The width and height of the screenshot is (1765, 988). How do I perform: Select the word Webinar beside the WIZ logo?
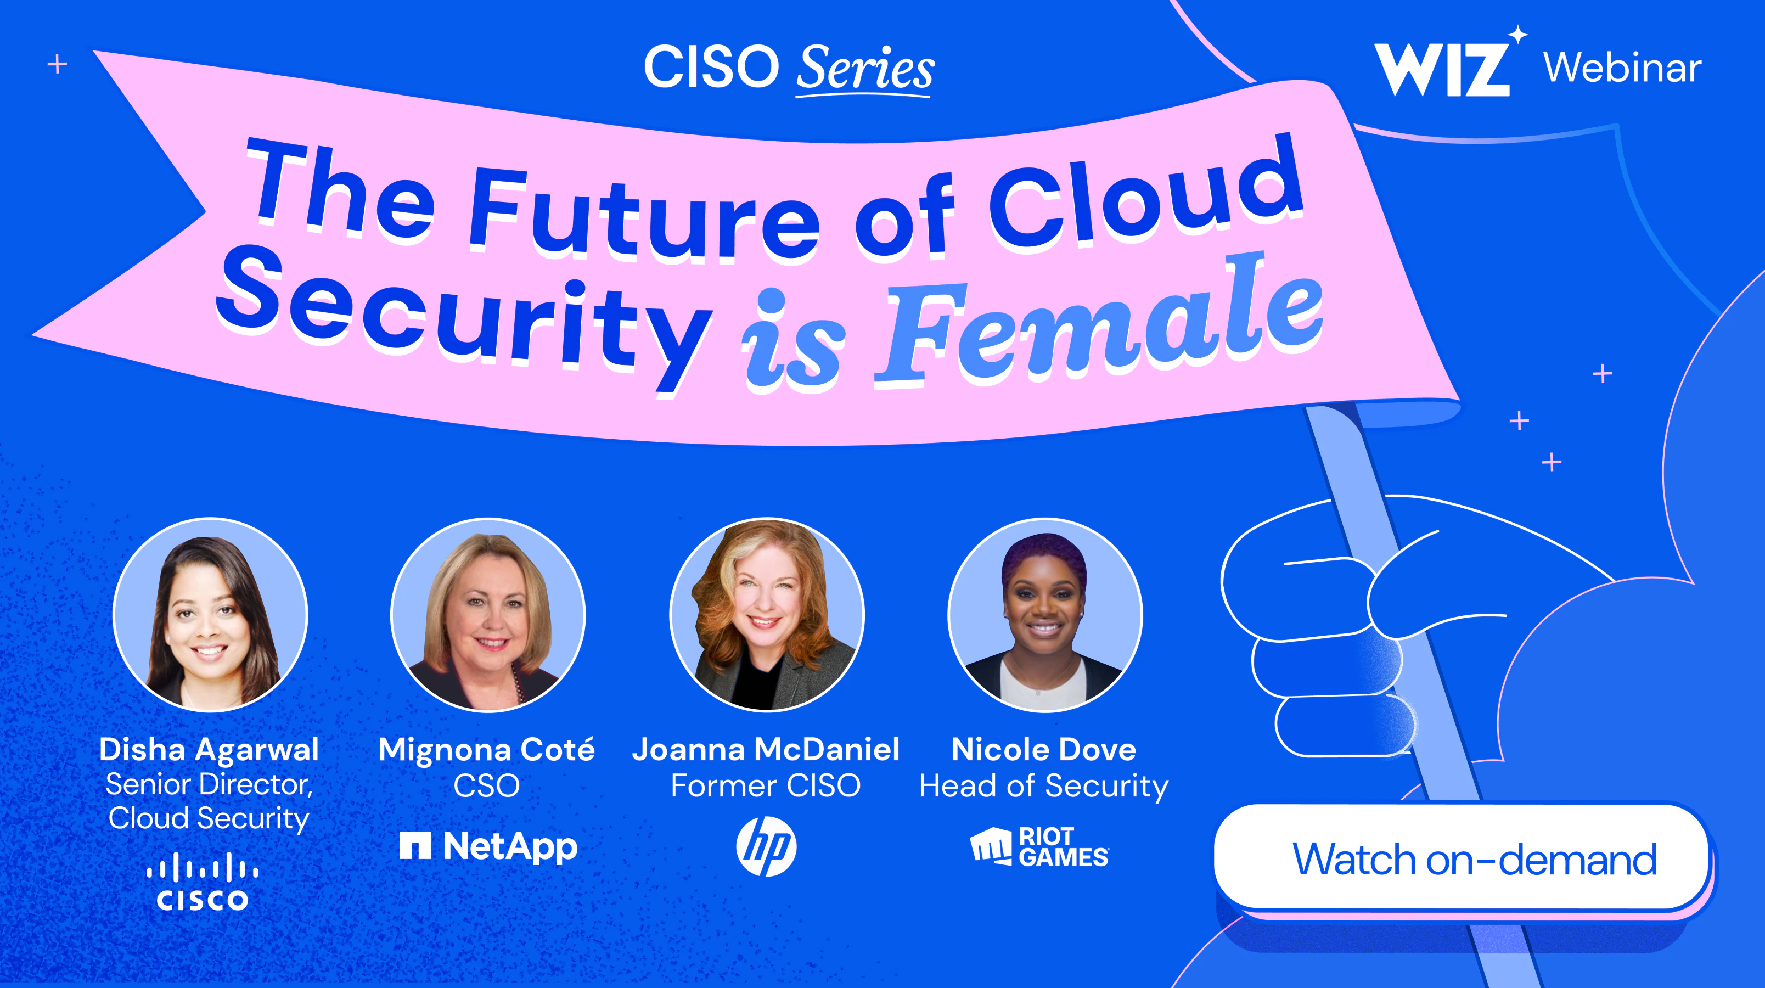1622,68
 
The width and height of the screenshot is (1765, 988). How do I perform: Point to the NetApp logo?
488,847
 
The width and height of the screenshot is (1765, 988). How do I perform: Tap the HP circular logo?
766,846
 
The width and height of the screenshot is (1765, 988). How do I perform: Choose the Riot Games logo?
1039,847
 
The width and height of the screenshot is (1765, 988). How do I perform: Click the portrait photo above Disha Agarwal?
210,615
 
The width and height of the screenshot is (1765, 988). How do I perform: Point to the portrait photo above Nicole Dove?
1045,615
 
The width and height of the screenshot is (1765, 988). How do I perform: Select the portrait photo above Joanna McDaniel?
767,615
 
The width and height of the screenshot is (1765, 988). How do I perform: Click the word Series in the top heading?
865,68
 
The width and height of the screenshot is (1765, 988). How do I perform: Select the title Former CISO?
766,785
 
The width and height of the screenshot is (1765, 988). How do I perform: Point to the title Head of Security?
1043,787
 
